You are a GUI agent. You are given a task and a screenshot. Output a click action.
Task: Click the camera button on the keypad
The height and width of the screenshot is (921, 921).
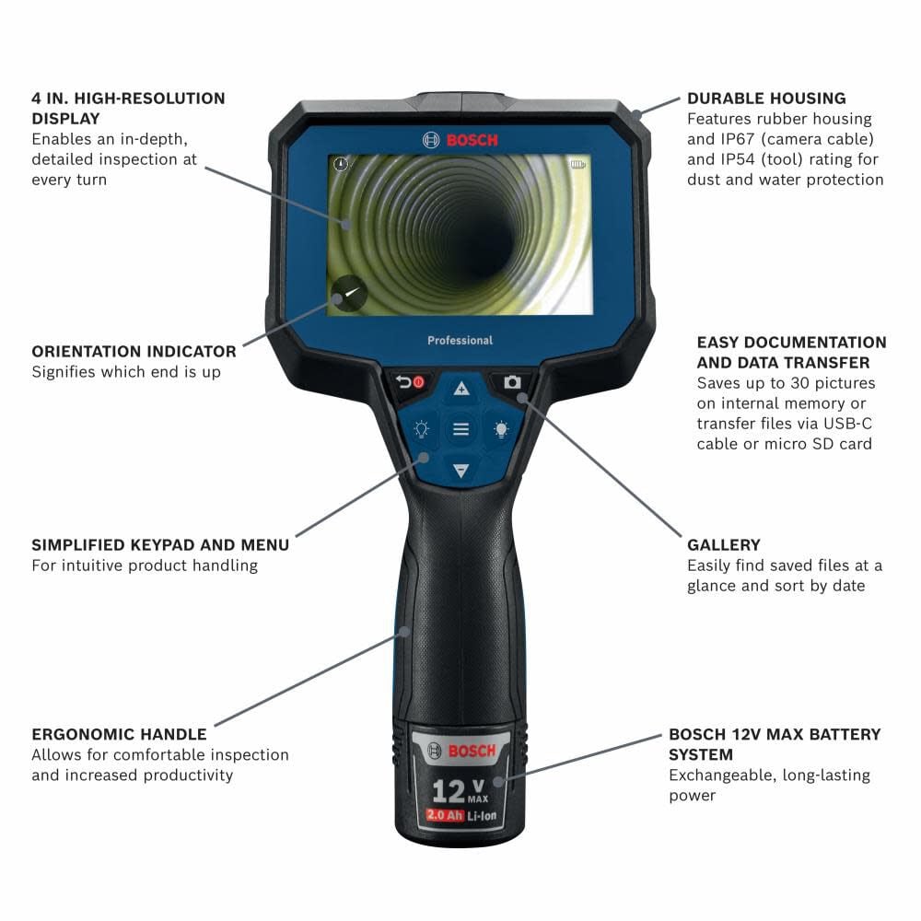tap(512, 382)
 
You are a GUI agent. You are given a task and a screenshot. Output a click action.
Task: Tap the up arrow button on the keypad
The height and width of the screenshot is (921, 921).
tap(460, 389)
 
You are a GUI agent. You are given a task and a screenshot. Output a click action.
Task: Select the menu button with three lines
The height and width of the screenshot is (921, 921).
tap(460, 429)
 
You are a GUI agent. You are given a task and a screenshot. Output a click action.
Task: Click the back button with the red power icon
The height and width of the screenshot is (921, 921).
tap(410, 382)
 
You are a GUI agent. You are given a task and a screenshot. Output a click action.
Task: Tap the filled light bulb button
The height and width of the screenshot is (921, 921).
tap(501, 429)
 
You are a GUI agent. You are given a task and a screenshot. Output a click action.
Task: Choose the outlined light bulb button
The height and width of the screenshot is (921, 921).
tap(421, 429)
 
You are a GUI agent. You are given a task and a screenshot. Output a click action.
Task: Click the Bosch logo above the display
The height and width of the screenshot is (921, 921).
tap(460, 140)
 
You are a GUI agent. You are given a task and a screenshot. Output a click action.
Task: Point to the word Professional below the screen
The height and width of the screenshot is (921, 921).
tap(460, 341)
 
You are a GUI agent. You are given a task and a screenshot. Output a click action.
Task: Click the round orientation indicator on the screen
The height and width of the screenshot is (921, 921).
tap(349, 295)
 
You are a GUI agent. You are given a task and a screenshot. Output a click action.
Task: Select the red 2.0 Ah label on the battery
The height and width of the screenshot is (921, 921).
tap(443, 814)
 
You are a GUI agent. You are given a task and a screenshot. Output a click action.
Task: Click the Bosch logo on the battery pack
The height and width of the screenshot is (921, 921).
tap(460, 751)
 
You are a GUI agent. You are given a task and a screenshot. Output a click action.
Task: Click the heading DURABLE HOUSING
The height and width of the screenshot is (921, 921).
tap(766, 99)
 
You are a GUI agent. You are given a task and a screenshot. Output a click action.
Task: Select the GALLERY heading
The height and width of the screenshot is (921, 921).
tap(724, 545)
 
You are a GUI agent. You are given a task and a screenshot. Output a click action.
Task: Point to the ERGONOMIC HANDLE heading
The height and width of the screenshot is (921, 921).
tap(119, 735)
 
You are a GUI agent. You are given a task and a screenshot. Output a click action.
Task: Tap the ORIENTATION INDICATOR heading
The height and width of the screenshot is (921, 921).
tap(134, 352)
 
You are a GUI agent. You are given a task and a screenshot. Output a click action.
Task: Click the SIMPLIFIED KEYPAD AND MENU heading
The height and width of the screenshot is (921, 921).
tap(160, 545)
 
